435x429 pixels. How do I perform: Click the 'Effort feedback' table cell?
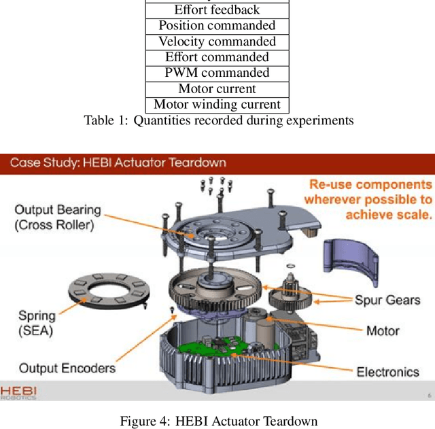click(217, 10)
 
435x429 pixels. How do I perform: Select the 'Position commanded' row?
click(217, 26)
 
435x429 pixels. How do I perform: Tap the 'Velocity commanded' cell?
click(217, 41)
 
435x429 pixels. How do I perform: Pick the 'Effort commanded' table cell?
click(217, 57)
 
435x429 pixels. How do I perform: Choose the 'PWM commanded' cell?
click(217, 73)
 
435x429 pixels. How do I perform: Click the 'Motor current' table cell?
click(217, 88)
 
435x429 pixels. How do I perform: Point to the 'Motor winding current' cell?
click(217, 104)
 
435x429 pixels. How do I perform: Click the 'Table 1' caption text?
click(218, 121)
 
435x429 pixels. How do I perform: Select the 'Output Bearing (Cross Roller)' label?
click(58, 218)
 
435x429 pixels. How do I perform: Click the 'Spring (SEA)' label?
click(38, 323)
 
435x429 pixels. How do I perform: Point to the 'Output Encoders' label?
click(67, 368)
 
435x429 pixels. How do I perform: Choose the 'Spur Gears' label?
click(387, 300)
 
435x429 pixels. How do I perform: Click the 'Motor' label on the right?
click(383, 331)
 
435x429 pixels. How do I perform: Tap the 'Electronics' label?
click(388, 371)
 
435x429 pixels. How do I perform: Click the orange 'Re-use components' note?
click(368, 199)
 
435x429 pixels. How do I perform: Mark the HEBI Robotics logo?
click(18, 394)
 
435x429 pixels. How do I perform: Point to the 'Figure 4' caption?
click(218, 420)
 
